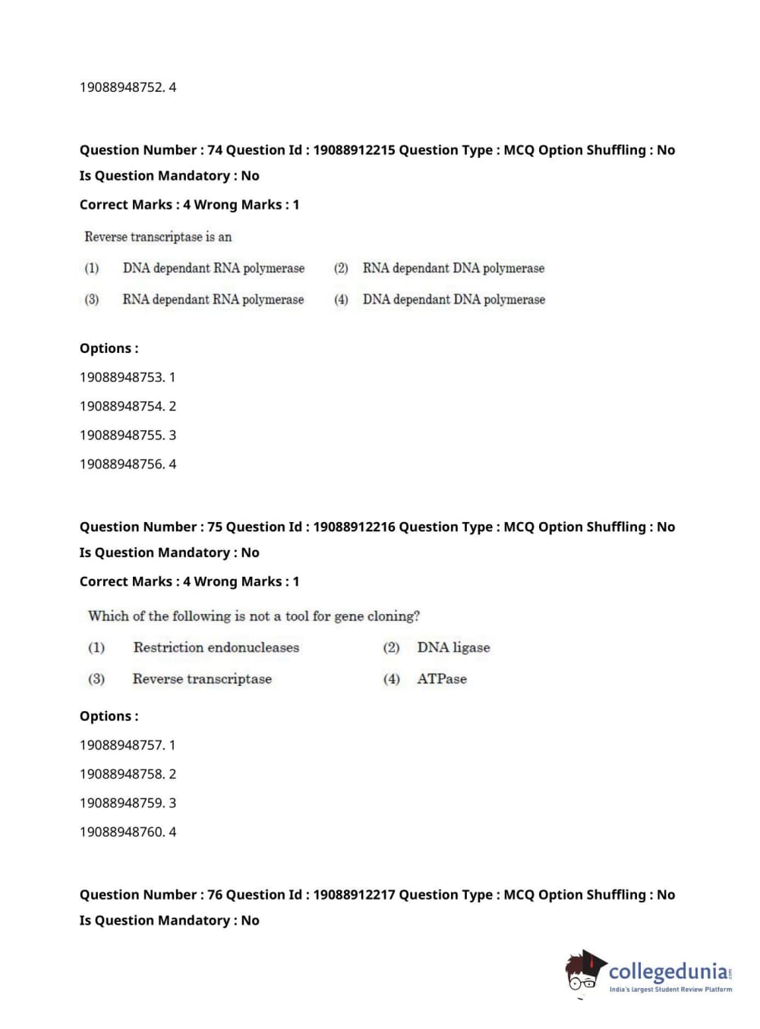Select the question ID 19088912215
tap(354, 150)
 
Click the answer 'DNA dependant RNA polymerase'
tap(213, 268)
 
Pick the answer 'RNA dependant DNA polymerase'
tap(453, 268)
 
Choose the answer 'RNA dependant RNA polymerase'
tap(213, 300)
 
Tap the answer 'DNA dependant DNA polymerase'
tap(453, 300)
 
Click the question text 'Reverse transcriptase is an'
tap(158, 237)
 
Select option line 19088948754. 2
tap(128, 406)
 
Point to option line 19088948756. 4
tap(128, 464)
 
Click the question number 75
tap(215, 527)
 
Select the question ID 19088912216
tap(354, 527)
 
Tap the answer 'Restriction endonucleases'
tap(216, 647)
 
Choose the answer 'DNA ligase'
tap(453, 647)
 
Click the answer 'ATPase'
tap(442, 679)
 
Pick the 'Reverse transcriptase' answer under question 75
tap(202, 679)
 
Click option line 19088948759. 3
tap(128, 803)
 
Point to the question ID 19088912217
tap(354, 895)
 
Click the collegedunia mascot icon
tap(585, 971)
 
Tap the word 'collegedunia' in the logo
tap(668, 971)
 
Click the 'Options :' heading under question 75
tap(109, 716)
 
